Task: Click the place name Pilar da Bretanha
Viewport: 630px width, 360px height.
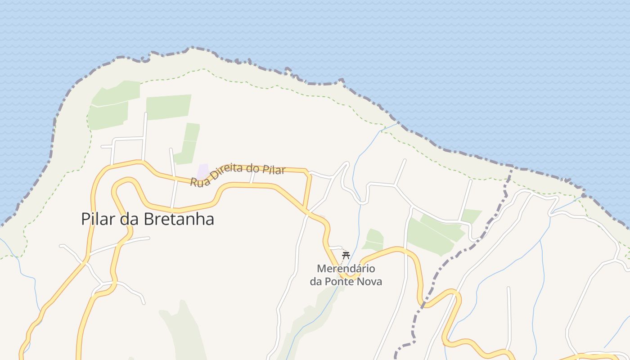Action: (148, 219)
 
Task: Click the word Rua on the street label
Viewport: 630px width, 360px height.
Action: (198, 182)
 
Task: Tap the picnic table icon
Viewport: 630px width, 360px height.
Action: (346, 256)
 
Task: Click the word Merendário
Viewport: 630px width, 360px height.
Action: (346, 269)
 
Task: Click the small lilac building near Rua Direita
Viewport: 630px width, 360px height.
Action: (203, 171)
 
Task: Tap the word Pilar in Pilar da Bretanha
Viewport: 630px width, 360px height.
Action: (96, 219)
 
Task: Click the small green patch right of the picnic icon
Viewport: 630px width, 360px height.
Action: (374, 240)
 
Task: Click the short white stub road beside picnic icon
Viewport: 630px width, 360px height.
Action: (335, 247)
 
